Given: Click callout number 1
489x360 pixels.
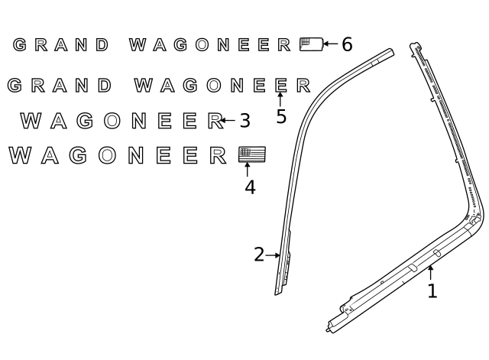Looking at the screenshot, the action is pyautogui.click(x=432, y=291).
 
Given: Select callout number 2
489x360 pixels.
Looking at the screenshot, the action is pyautogui.click(x=259, y=255).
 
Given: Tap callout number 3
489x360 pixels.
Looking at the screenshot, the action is pyautogui.click(x=244, y=121).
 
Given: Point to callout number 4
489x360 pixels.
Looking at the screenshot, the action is pyautogui.click(x=250, y=187).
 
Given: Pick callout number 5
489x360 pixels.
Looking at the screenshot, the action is pyautogui.click(x=281, y=116).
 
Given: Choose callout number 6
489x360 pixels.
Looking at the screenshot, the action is pyautogui.click(x=347, y=44).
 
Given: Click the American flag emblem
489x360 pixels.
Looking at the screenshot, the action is pyautogui.click(x=252, y=154).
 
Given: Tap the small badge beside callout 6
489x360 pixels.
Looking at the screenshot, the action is pyautogui.click(x=311, y=44).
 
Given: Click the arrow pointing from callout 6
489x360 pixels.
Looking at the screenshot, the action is pyautogui.click(x=331, y=44).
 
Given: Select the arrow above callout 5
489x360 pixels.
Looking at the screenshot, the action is pyautogui.click(x=280, y=99).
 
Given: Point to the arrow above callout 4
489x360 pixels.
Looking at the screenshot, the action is pyautogui.click(x=248, y=170).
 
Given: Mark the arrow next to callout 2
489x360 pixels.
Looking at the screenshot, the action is pyautogui.click(x=273, y=255).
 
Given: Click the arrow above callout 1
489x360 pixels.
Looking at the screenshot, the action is pyautogui.click(x=430, y=272).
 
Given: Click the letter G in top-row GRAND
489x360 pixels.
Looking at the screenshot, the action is pyautogui.click(x=20, y=44).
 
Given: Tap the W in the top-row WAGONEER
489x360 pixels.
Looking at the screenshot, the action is pyautogui.click(x=138, y=44).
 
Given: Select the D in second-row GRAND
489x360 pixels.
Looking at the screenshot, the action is pyautogui.click(x=105, y=85).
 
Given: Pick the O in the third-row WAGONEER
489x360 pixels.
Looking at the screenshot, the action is pyautogui.click(x=112, y=121).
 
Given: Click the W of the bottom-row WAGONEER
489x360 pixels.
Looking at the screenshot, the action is pyautogui.click(x=21, y=155).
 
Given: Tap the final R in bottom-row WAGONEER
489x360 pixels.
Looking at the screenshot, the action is pyautogui.click(x=218, y=155).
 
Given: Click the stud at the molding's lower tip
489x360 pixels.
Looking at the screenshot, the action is pyautogui.click(x=328, y=330).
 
